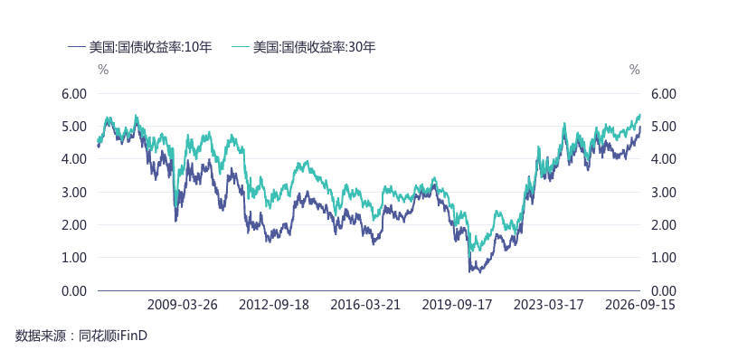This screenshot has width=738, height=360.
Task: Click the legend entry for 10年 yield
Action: [140, 47]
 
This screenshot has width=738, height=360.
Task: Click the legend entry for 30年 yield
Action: [304, 47]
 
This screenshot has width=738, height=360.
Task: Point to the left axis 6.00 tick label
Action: [74, 94]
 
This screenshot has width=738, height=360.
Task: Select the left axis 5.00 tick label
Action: [74, 127]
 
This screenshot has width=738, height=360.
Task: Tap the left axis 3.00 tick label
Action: [74, 192]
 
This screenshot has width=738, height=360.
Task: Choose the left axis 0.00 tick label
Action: [74, 291]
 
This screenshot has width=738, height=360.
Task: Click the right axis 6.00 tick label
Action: [663, 94]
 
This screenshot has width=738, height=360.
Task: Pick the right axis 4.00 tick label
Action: [663, 159]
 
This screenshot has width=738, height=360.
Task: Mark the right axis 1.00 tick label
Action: [663, 258]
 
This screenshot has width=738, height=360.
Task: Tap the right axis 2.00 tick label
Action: [663, 225]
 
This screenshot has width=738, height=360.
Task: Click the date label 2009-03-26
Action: [183, 305]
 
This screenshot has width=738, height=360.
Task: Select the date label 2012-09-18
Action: [274, 305]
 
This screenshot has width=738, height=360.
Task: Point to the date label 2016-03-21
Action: [365, 305]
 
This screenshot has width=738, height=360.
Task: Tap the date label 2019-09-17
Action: [458, 305]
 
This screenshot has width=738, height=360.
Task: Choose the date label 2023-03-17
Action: [549, 305]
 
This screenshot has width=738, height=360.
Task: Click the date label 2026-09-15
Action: [640, 305]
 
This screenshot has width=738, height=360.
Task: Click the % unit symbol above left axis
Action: [103, 71]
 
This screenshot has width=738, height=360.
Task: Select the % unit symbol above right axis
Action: [635, 71]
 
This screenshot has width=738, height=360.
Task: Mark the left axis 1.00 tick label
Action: [74, 258]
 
